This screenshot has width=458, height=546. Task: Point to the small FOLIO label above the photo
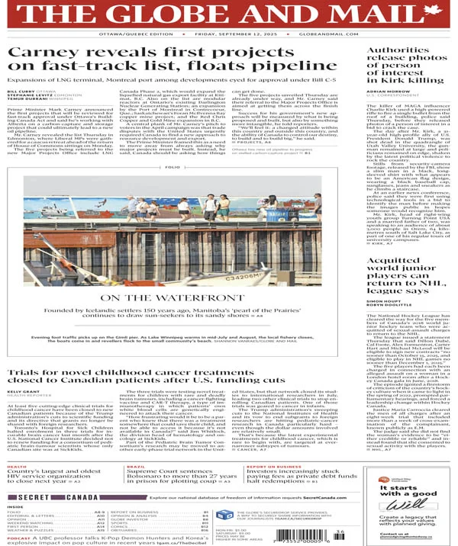click(x=173, y=166)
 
